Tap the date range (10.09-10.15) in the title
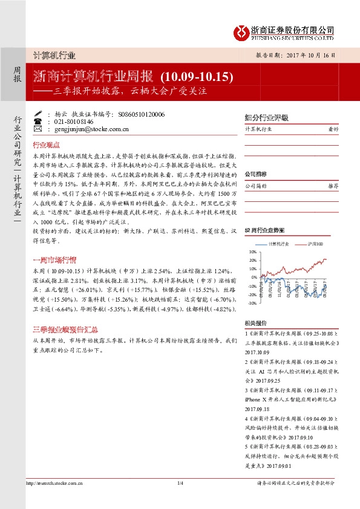pos(197,77)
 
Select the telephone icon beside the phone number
pos(38,121)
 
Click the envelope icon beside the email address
pos(38,129)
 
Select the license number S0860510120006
pos(142,113)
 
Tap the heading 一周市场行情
pos(53,261)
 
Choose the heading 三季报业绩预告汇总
pos(60,330)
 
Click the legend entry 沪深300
pos(315,244)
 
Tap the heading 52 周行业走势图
pos(266,231)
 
